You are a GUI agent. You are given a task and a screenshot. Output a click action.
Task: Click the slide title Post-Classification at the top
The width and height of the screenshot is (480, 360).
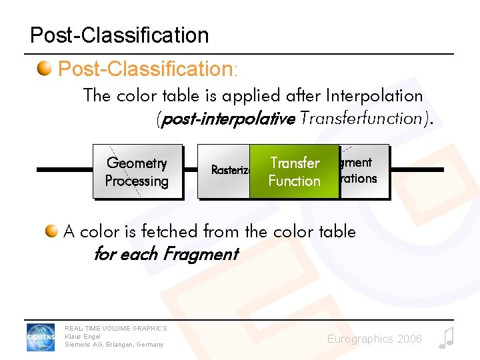tap(119, 35)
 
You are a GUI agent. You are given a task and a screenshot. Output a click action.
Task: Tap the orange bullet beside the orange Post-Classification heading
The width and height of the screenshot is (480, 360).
tap(45, 69)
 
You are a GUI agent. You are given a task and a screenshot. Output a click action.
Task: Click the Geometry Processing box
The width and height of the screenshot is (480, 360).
tap(137, 172)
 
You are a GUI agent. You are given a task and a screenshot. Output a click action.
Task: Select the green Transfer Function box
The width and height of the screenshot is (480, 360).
tap(294, 171)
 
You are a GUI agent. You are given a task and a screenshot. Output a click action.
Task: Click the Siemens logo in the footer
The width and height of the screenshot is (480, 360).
tap(41, 336)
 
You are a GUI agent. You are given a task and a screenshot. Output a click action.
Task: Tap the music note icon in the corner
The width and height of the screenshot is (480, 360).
tap(446, 338)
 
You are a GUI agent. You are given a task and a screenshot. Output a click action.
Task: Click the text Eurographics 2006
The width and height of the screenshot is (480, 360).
tap(374, 339)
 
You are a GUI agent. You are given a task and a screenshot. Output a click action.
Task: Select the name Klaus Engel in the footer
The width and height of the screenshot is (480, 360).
tap(83, 337)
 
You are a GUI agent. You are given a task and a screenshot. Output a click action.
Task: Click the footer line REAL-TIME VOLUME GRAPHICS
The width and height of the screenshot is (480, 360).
tap(115, 328)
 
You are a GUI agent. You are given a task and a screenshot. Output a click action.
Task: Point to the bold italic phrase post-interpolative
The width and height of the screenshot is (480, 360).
tap(226, 119)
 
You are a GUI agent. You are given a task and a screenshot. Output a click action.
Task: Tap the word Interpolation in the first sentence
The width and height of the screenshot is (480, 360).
tap(374, 96)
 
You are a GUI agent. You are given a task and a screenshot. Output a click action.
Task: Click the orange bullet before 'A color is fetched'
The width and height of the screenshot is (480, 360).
tap(52, 231)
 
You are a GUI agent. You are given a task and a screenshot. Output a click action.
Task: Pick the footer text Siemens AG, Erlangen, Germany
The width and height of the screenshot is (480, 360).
tap(113, 345)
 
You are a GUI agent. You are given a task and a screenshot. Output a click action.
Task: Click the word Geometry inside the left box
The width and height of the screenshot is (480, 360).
tap(137, 163)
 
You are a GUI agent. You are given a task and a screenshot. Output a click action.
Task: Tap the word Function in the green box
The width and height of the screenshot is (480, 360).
tap(294, 181)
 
